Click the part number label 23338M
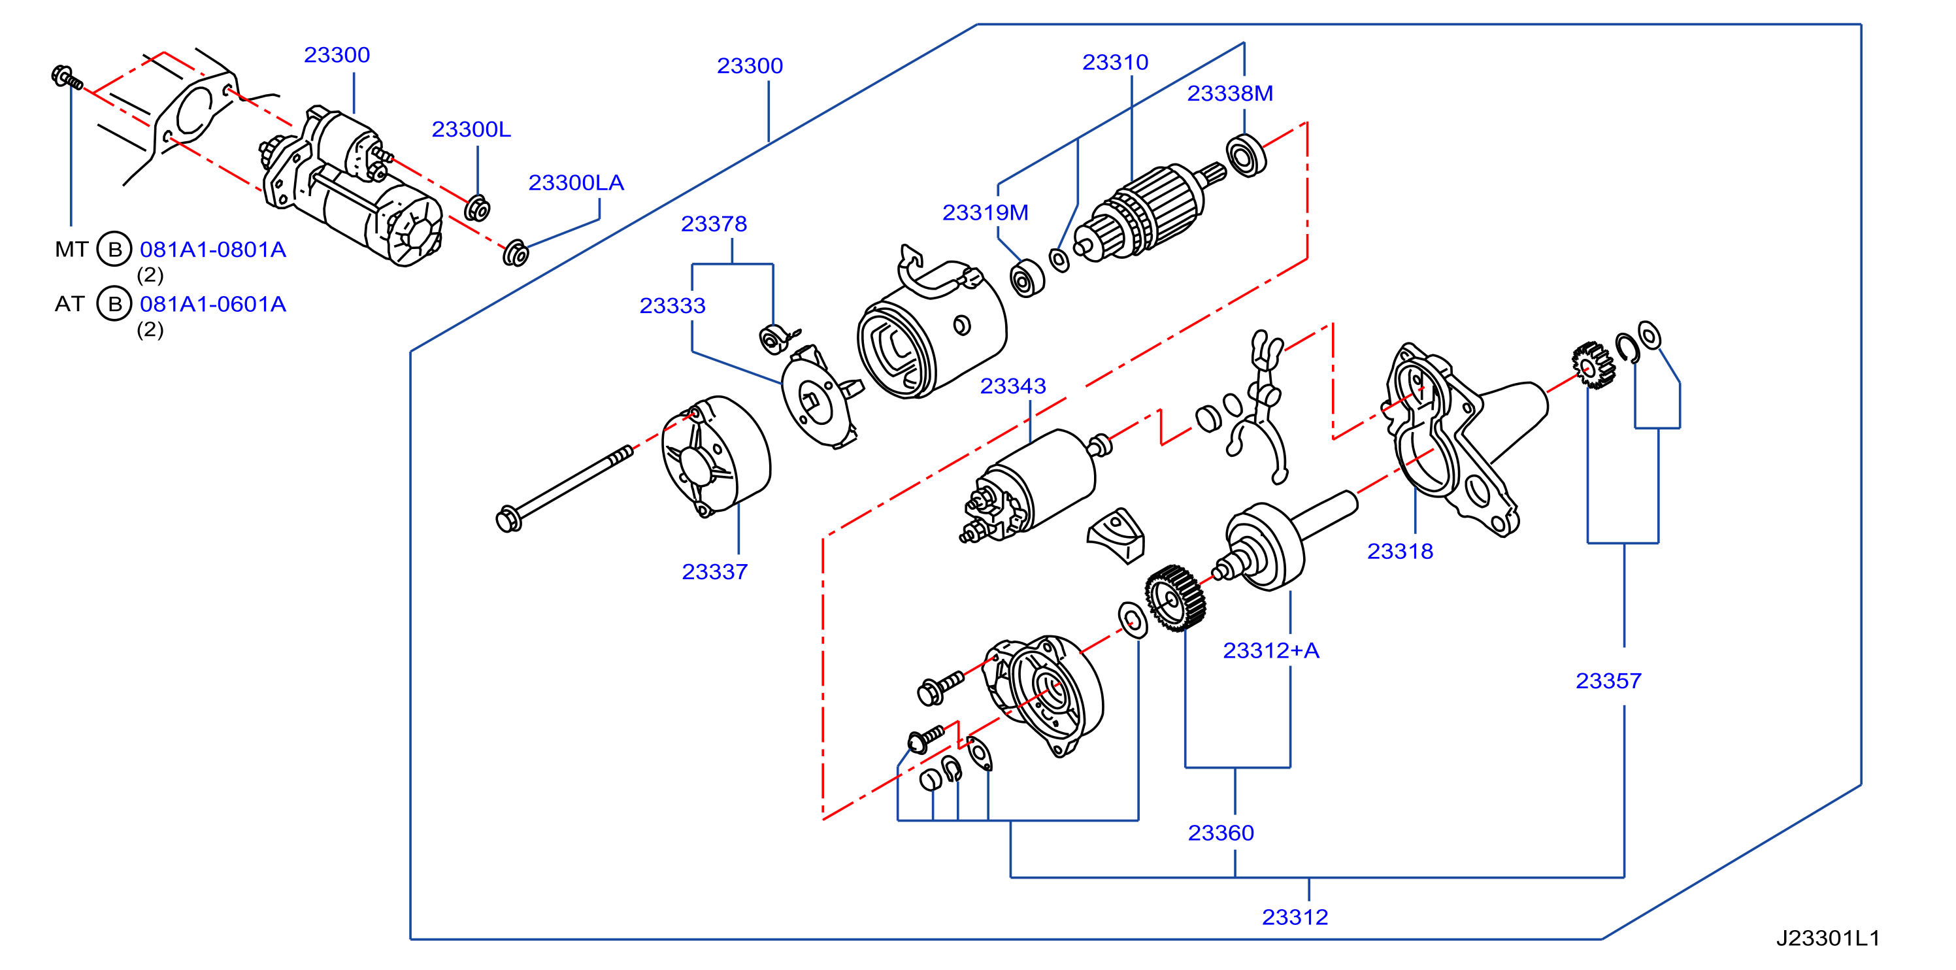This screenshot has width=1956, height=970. [1229, 93]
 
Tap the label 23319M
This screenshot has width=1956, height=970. [985, 212]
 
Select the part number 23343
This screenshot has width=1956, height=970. [1013, 386]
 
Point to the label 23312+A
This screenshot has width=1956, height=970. [1271, 650]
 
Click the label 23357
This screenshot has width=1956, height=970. [1608, 680]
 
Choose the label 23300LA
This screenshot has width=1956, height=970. [576, 182]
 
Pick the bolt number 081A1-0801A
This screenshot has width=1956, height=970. [212, 249]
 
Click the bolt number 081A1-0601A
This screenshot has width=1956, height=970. [212, 304]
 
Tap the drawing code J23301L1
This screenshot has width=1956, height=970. [1828, 938]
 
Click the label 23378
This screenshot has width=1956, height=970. [714, 224]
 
